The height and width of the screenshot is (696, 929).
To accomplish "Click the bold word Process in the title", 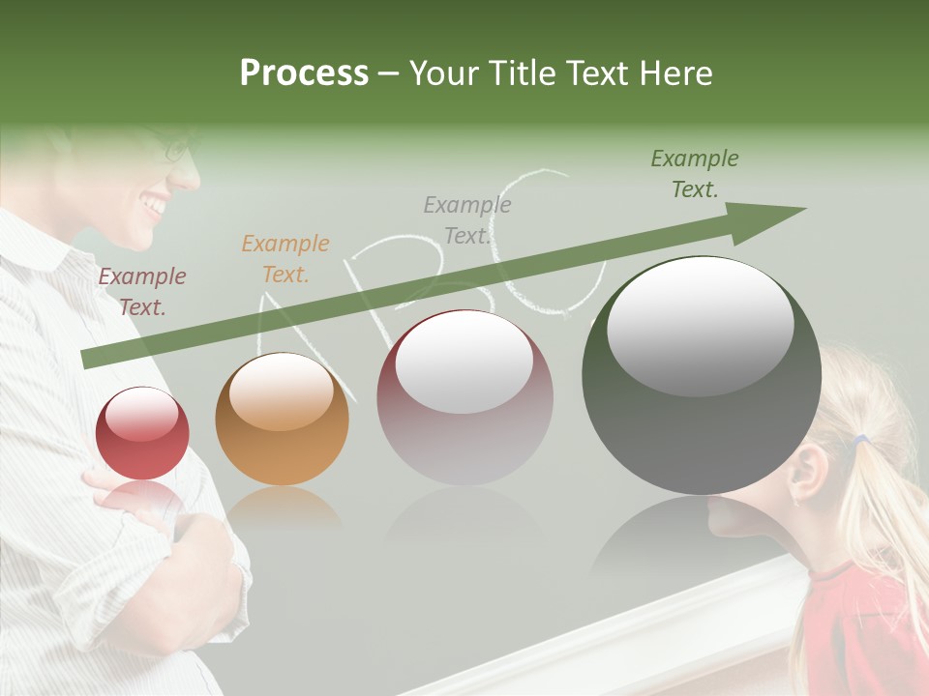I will click(x=304, y=73).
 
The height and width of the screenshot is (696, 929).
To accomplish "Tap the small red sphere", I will click(x=142, y=433).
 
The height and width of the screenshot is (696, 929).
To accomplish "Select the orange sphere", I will click(x=282, y=420).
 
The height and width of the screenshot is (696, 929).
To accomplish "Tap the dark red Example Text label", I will click(x=142, y=292).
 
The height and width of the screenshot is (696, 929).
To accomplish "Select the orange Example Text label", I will click(x=285, y=259).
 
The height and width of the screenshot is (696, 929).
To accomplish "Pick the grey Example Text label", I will click(x=467, y=219).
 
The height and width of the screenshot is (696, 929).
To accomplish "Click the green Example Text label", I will click(x=694, y=174).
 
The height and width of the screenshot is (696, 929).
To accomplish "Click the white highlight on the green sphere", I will click(x=700, y=324).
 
